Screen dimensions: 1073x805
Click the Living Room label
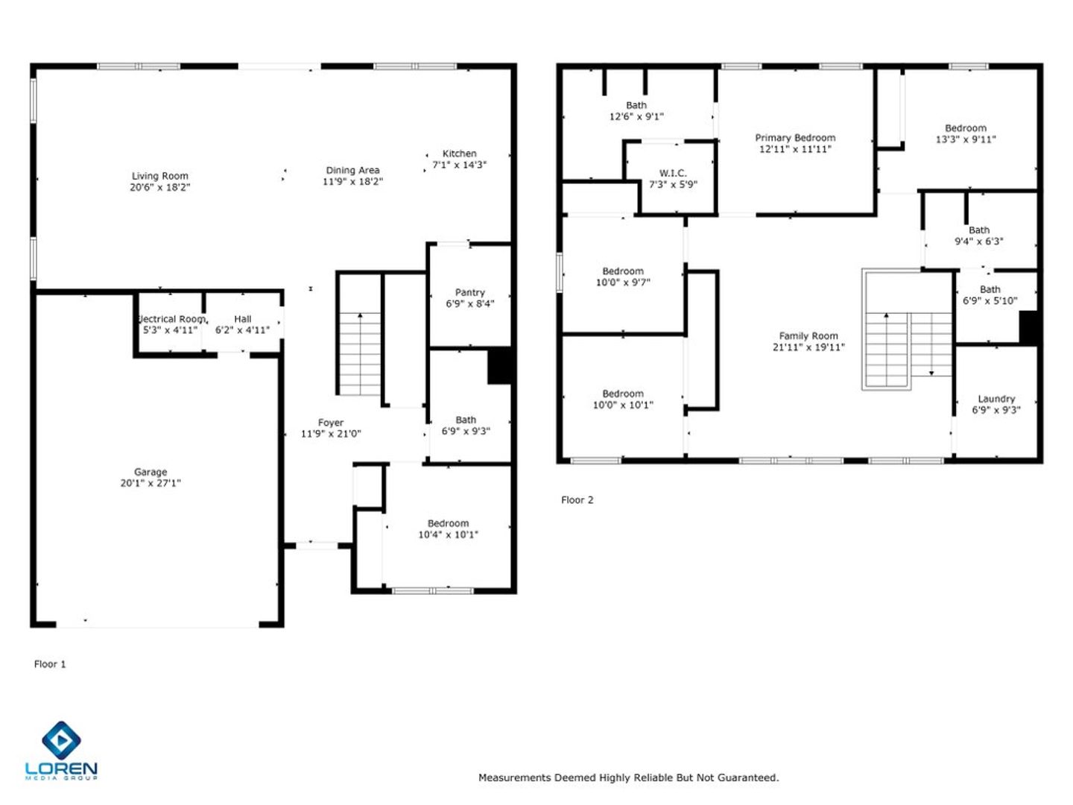[160, 176]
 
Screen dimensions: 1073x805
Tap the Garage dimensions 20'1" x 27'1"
[151, 484]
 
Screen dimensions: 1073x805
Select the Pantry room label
[469, 292]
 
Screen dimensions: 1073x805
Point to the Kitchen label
[459, 154]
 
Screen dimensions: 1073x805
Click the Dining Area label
[352, 170]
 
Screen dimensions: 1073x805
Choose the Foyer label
[330, 423]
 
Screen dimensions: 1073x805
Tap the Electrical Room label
[171, 319]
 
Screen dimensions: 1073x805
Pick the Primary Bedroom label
[795, 138]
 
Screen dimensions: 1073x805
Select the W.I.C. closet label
[673, 173]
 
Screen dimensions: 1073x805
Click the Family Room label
[808, 335]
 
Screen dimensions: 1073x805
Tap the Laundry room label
[996, 399]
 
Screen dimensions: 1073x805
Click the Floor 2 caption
[577, 500]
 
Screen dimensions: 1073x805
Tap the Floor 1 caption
[49, 664]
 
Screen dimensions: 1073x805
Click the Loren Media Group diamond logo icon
[61, 740]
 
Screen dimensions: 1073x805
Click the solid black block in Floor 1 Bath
[499, 365]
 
